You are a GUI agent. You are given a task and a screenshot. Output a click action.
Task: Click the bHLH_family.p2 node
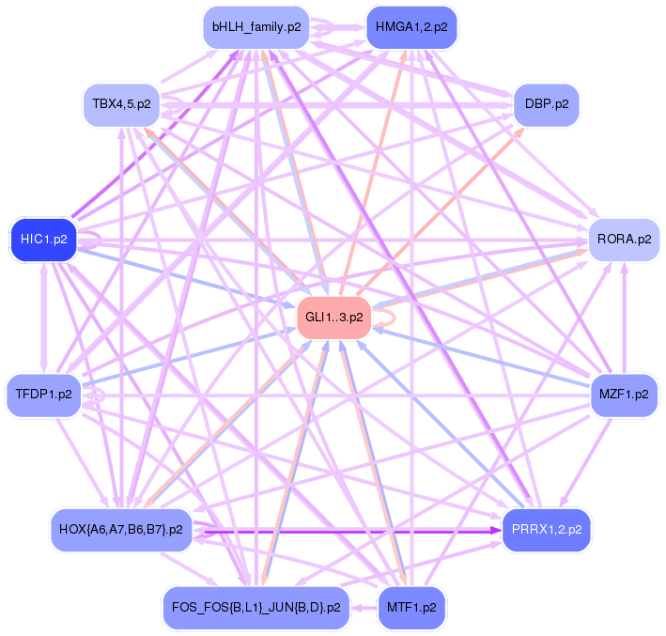(x=256, y=27)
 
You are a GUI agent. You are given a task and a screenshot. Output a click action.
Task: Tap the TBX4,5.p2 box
(x=121, y=101)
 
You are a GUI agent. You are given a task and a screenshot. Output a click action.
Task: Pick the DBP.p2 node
(x=546, y=101)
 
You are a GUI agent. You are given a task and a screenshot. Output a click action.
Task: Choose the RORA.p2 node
(x=623, y=239)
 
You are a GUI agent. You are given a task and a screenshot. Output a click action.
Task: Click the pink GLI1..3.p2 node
(x=333, y=318)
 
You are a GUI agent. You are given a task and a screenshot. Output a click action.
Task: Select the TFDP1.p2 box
(x=44, y=394)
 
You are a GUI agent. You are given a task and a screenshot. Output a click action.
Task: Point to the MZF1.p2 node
(x=623, y=394)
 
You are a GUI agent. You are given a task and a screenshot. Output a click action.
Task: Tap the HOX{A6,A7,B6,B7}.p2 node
(x=120, y=530)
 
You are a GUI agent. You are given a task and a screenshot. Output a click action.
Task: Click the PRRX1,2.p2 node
(x=547, y=530)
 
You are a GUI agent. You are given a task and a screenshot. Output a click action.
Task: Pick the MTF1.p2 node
(x=410, y=607)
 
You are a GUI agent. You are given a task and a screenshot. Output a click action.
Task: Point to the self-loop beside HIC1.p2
(x=91, y=239)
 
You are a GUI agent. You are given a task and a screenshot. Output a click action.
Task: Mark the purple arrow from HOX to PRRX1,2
(x=348, y=531)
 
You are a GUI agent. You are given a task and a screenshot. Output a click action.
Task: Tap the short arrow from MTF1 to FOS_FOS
(x=364, y=607)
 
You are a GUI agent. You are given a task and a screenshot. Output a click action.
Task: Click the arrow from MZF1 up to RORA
(x=624, y=317)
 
